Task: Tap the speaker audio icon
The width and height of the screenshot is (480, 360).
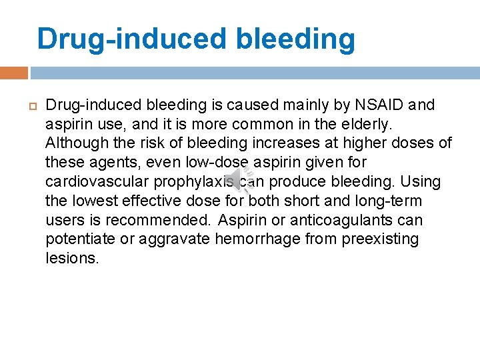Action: pyautogui.click(x=240, y=179)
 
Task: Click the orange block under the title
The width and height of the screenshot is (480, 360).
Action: pyautogui.click(x=14, y=72)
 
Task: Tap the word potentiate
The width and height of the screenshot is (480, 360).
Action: pyautogui.click(x=78, y=239)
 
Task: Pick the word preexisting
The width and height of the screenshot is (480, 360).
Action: pyautogui.click(x=380, y=239)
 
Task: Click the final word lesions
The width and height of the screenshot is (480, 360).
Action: pyautogui.click(x=71, y=259)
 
